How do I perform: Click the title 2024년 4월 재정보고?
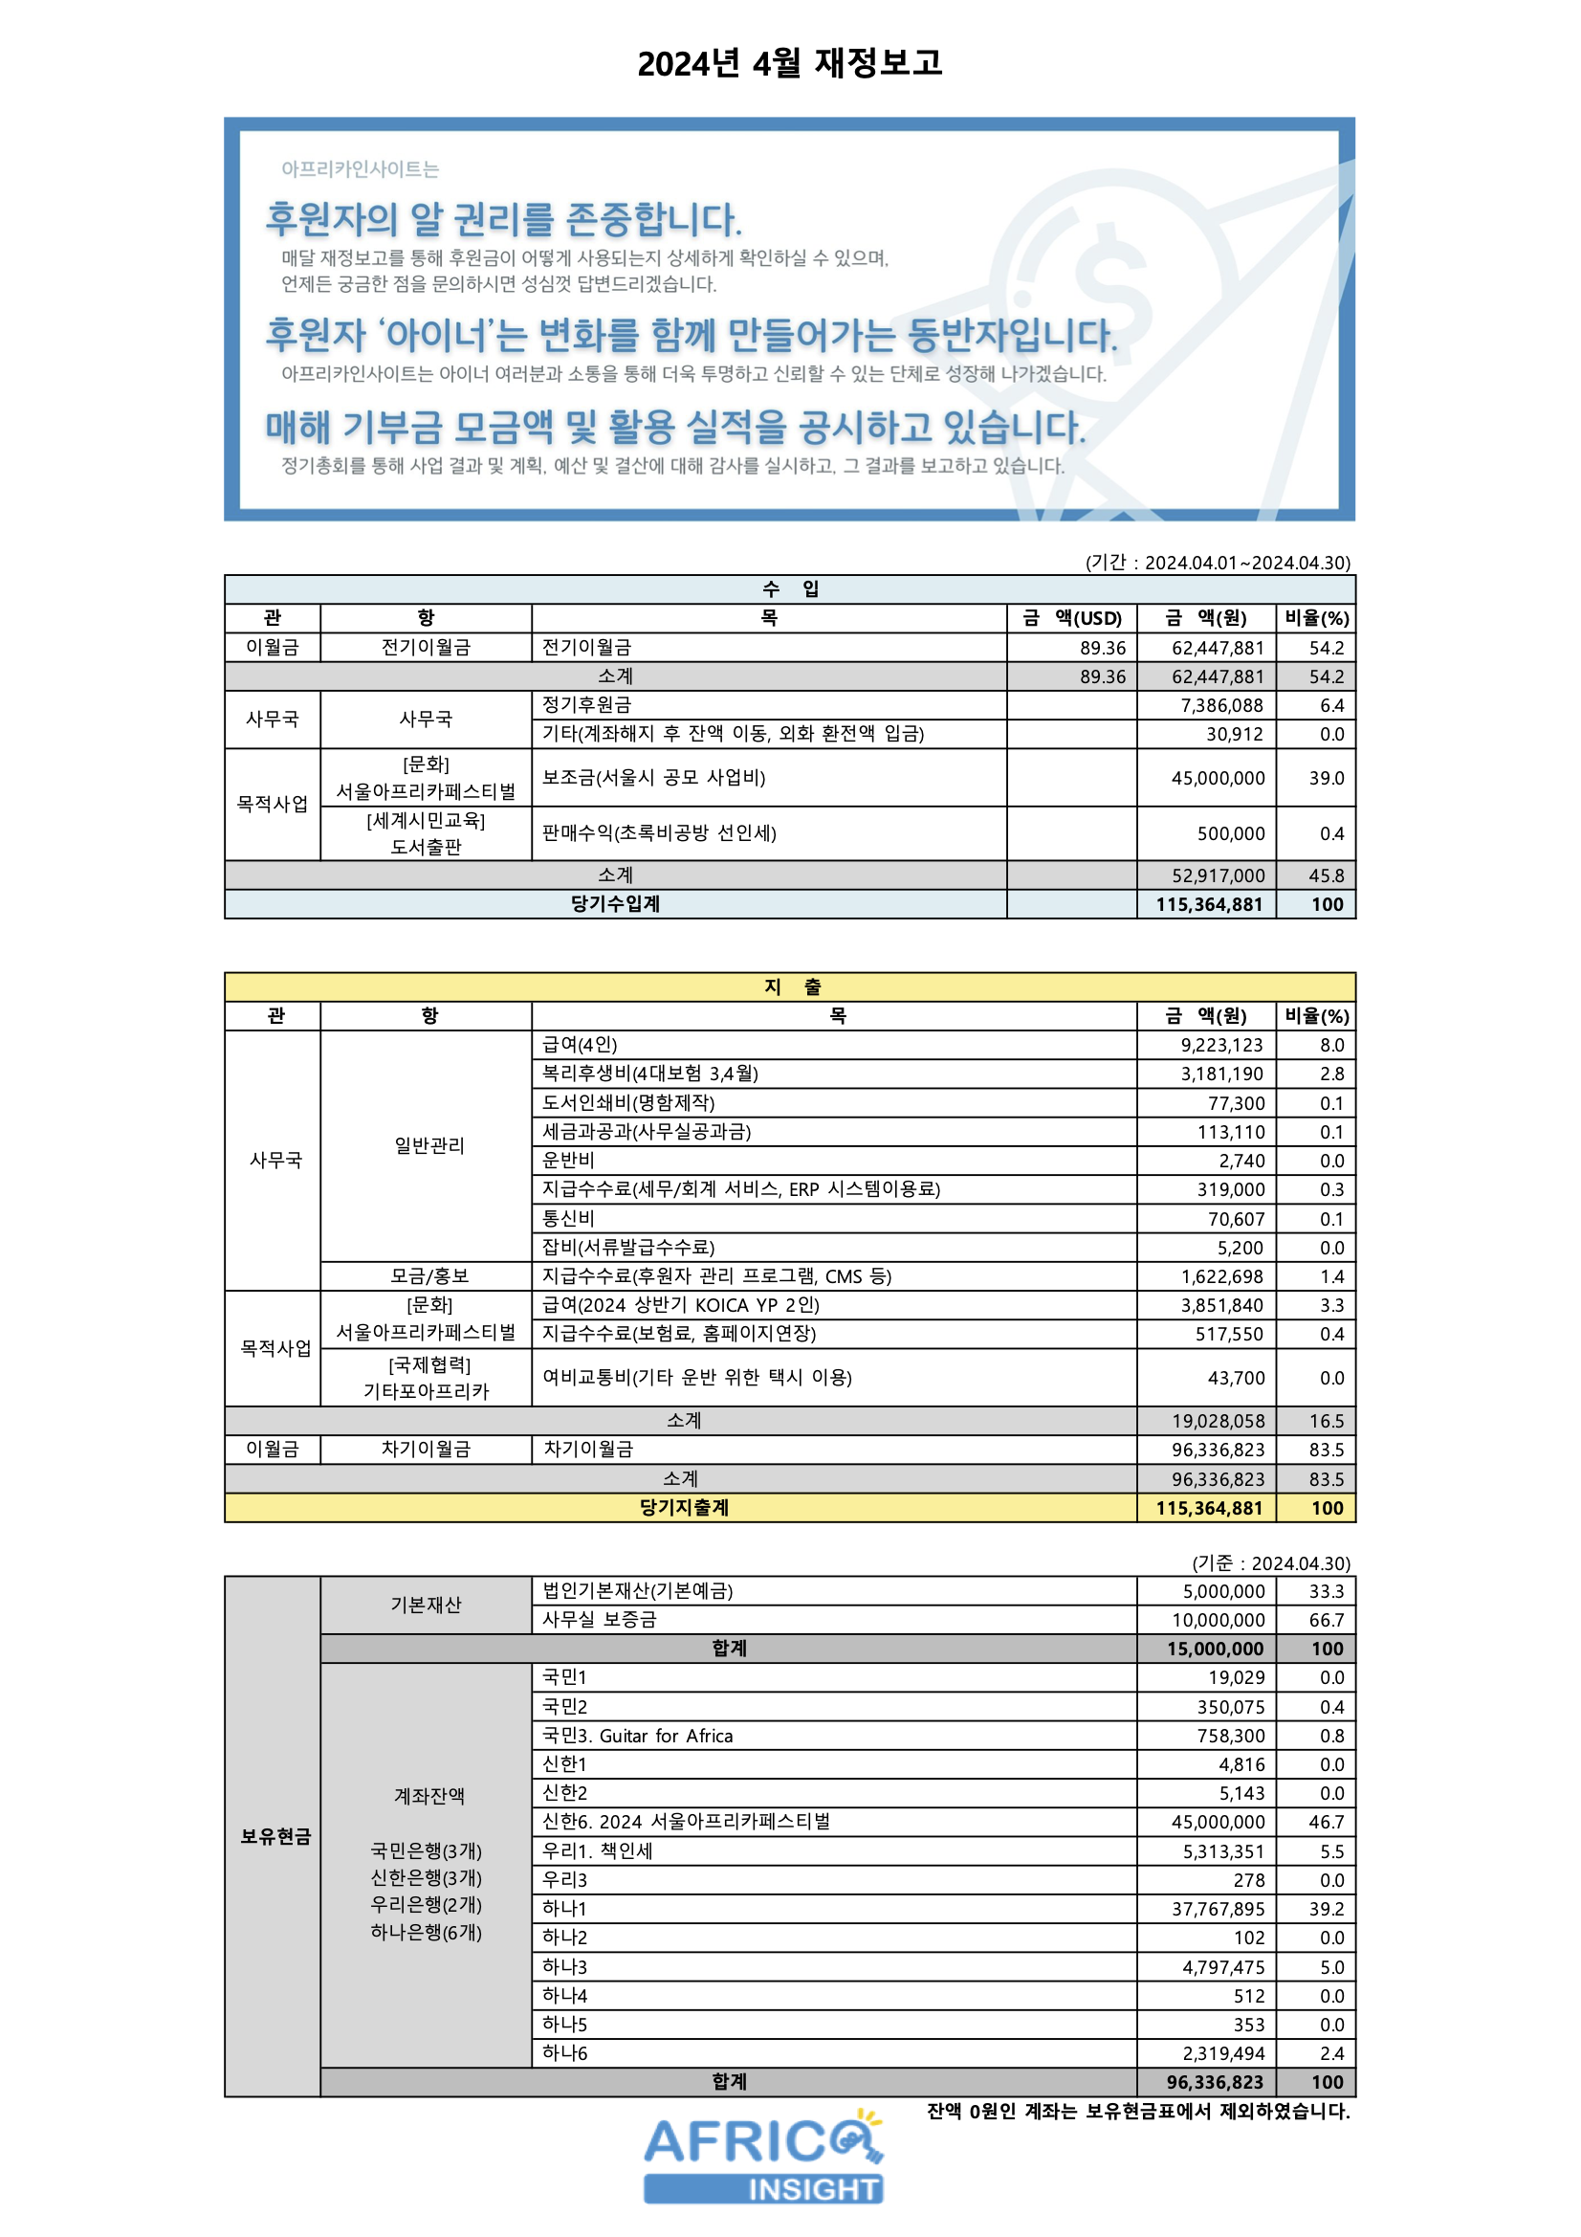coord(789,63)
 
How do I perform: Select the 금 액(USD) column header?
coord(1071,618)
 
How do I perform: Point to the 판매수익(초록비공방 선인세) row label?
coord(658,833)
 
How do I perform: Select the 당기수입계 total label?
coord(615,904)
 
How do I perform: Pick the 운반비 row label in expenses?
coord(568,1161)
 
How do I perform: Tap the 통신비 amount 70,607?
coord(1236,1219)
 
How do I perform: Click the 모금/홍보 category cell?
coord(429,1276)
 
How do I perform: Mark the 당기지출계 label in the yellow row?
coord(684,1507)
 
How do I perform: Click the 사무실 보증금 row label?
coord(599,1619)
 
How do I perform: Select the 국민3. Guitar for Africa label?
coord(637,1736)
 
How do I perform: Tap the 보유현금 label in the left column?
coord(275,1836)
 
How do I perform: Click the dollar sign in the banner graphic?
coord(1111,277)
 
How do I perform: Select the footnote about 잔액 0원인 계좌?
coord(1138,2112)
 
